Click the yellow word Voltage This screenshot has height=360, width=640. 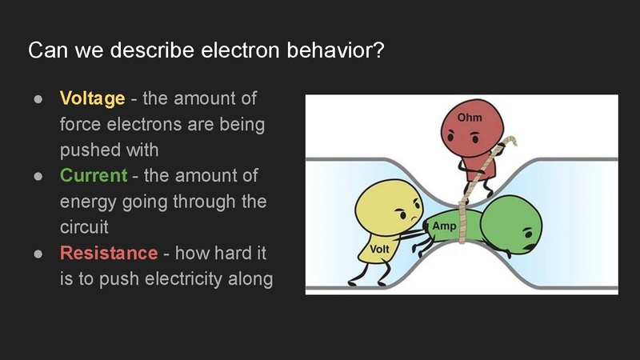tap(92, 99)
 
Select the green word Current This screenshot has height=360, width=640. tap(93, 175)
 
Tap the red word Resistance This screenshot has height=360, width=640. tap(108, 253)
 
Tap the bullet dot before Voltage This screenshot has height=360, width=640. tap(38, 99)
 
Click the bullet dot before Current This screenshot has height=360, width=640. tap(38, 175)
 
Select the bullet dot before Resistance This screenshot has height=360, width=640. tap(38, 253)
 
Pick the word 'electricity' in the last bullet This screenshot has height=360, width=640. tap(177, 279)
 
